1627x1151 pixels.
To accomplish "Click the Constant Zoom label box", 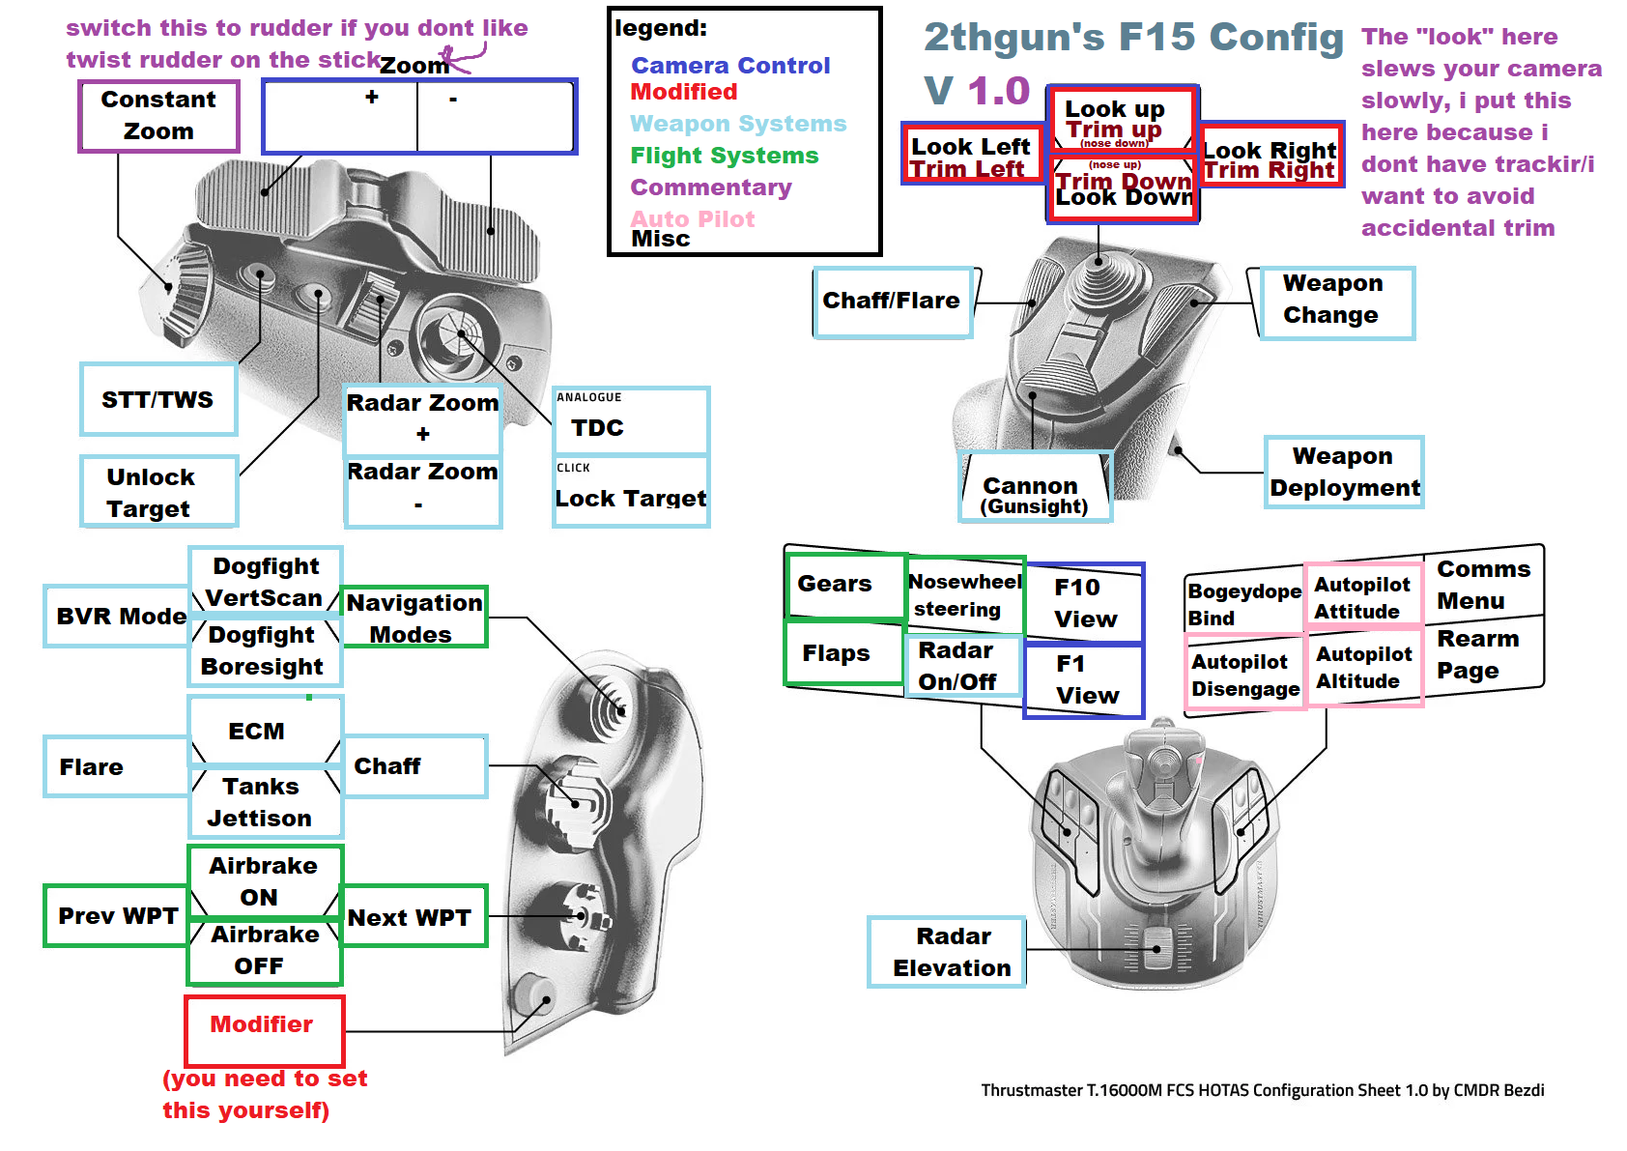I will click(158, 116).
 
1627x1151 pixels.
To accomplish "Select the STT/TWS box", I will click(158, 399).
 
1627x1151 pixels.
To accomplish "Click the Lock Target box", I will click(631, 497).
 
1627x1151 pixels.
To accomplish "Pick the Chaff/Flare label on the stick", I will click(891, 302).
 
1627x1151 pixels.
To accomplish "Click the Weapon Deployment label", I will click(1344, 472).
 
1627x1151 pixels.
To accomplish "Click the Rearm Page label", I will click(1479, 654).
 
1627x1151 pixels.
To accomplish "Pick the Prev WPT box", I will click(117, 915).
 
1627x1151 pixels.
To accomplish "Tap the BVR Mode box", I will click(119, 616).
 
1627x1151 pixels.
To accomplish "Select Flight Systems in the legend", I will click(724, 156).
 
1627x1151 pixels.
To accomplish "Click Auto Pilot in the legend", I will click(693, 218).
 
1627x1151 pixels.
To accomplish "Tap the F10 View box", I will click(1085, 603).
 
